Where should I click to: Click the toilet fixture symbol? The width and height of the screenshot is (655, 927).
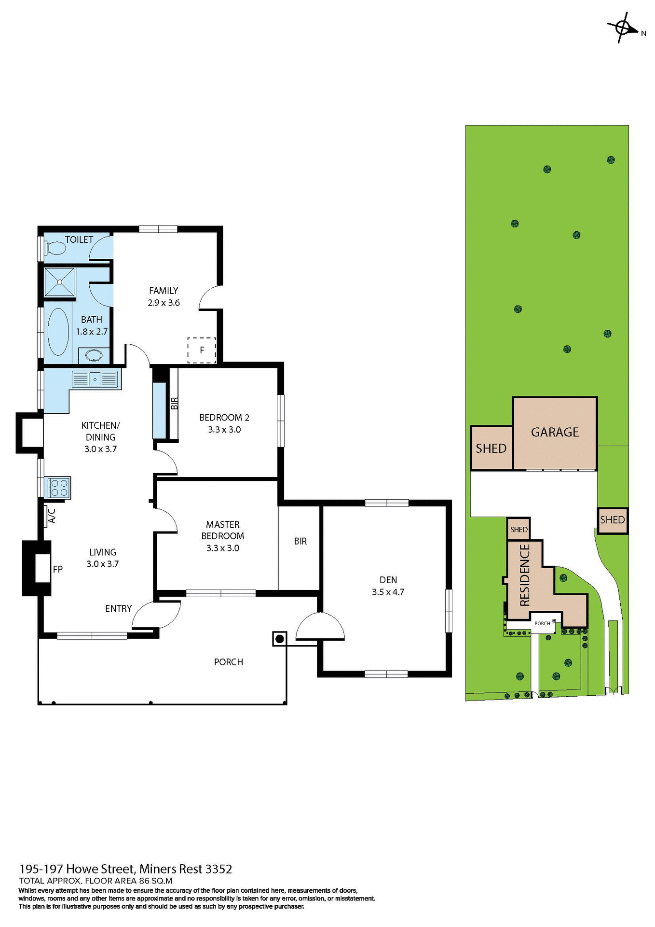coord(56,248)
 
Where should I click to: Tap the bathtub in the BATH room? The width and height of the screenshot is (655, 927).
coord(58,332)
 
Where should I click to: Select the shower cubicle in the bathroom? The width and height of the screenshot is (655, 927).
coord(60,282)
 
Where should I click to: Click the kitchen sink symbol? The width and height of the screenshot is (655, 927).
coord(95,379)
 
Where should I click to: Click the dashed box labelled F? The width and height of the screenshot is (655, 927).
coord(202,350)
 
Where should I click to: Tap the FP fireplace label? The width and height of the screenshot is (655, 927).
coord(57,569)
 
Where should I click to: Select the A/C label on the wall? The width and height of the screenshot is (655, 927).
coord(53,516)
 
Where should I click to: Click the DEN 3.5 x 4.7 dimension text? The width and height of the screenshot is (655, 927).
coord(388,592)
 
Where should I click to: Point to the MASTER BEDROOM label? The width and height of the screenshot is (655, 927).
coord(222,530)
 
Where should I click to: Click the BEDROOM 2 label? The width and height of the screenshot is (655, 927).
coord(224,417)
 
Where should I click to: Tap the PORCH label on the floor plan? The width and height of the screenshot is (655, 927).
coord(228,662)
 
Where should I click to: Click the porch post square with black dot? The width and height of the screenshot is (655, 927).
coord(279,639)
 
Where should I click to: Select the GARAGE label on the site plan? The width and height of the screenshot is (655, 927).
coord(555,432)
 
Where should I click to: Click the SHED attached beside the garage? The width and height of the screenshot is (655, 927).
coord(491,449)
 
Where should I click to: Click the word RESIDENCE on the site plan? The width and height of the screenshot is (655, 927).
coord(525,575)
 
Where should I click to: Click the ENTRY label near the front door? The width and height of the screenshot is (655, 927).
coord(118,608)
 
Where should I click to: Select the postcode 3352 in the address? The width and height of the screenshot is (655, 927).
coord(218,869)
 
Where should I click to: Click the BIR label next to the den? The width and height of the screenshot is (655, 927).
coord(300,541)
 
